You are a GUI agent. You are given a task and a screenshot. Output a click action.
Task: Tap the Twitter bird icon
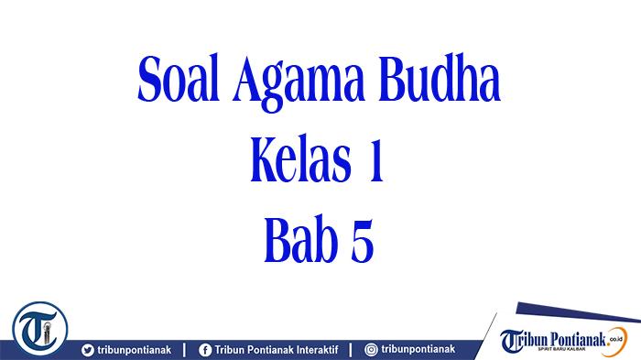tap(88, 349)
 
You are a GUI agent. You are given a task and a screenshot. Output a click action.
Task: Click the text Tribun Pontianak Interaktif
tap(275, 349)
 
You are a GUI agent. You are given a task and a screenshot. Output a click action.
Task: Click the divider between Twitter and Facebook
tap(187, 349)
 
